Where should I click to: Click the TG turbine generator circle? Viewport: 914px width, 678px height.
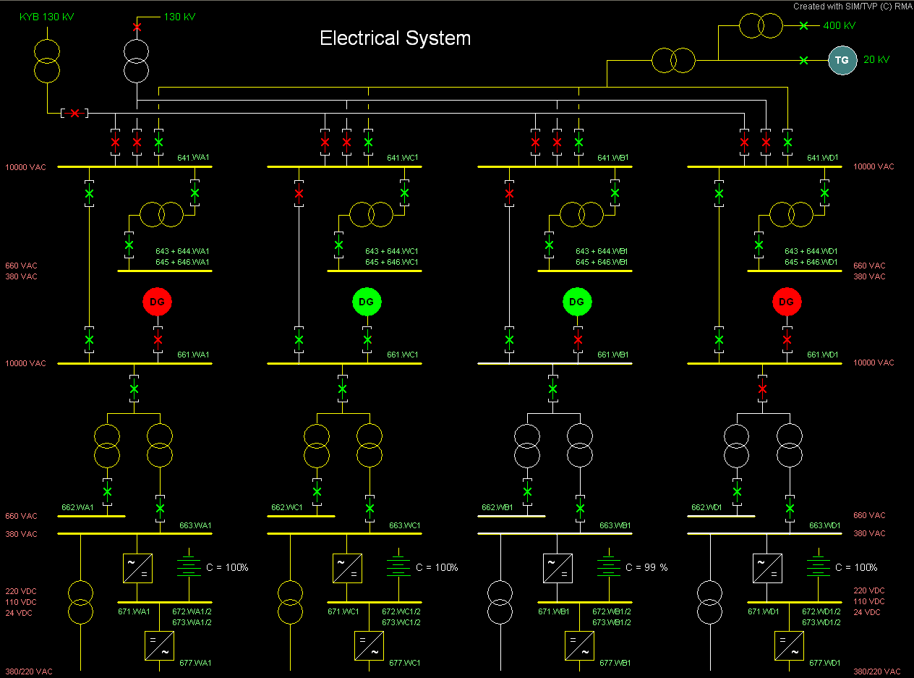click(x=842, y=60)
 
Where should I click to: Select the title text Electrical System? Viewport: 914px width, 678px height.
click(x=395, y=38)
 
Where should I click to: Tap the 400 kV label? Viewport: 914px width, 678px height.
click(x=839, y=25)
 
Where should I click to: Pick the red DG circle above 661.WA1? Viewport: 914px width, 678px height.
click(x=157, y=301)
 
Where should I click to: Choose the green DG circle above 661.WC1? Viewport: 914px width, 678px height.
click(x=367, y=301)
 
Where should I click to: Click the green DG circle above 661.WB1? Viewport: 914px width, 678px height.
click(x=576, y=301)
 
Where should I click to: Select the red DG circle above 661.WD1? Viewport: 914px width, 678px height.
click(x=787, y=301)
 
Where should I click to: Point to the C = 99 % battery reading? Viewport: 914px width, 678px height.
click(x=646, y=567)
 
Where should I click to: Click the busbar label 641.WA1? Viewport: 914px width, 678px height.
click(x=193, y=158)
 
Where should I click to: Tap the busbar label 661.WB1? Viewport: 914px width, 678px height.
click(x=613, y=355)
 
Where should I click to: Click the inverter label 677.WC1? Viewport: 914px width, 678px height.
click(x=404, y=663)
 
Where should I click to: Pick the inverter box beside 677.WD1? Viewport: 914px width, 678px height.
click(x=789, y=645)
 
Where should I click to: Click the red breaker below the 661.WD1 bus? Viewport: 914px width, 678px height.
click(x=762, y=389)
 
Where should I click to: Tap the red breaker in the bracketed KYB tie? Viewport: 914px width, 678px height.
click(x=74, y=113)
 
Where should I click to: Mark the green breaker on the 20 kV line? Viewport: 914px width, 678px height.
click(x=803, y=60)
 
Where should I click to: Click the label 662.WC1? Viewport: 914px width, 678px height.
click(x=287, y=507)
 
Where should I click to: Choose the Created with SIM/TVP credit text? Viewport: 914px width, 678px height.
click(x=852, y=7)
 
